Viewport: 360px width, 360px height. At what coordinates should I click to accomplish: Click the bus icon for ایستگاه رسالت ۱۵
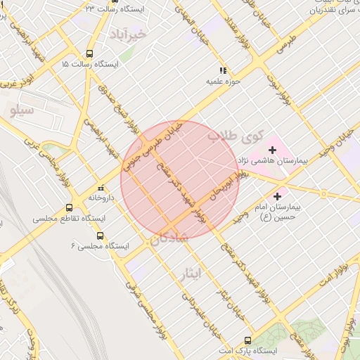89,53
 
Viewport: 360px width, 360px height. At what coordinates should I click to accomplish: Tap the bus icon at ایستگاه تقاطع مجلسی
69,208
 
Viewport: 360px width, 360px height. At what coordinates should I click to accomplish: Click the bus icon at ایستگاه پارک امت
247,339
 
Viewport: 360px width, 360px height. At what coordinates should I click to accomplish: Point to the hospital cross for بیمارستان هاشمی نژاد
272,150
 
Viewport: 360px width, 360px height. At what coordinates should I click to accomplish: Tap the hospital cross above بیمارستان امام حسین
278,196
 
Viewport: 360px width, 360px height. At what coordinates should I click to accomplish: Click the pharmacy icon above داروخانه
103,188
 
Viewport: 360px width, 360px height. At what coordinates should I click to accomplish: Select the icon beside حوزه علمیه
223,70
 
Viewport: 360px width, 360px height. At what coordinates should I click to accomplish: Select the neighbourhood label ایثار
200,274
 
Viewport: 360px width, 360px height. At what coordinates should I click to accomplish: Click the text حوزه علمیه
219,82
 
